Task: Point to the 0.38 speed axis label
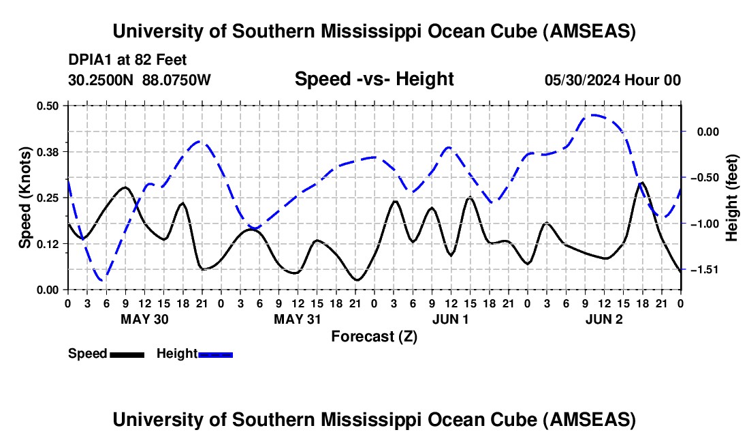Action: click(x=48, y=152)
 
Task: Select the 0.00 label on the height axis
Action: click(x=708, y=132)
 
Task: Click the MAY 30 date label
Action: click(x=144, y=319)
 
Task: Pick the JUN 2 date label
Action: click(x=604, y=319)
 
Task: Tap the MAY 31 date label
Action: click(x=297, y=319)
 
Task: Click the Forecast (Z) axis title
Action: click(x=374, y=337)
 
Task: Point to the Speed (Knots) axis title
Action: click(x=25, y=198)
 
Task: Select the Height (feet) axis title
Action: click(x=731, y=198)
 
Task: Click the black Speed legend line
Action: click(x=127, y=355)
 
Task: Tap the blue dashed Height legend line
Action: click(x=215, y=355)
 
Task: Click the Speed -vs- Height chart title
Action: click(x=374, y=79)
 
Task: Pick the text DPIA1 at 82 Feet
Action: click(x=127, y=60)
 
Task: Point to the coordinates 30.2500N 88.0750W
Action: click(x=140, y=80)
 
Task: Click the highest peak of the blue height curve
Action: click(x=592, y=115)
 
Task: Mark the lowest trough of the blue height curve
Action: click(x=102, y=279)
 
